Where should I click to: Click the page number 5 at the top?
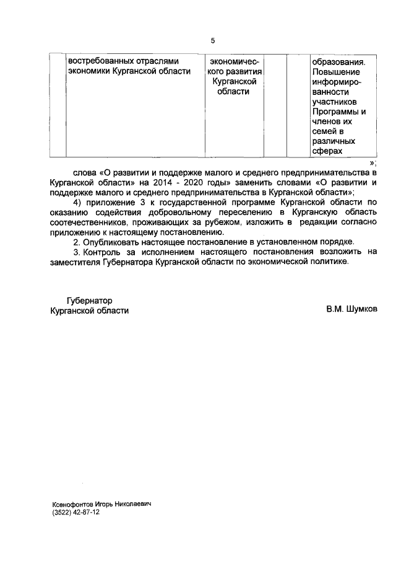212,41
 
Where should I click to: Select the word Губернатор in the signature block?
90,300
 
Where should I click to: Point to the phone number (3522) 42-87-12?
76,514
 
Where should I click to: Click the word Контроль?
102,251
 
